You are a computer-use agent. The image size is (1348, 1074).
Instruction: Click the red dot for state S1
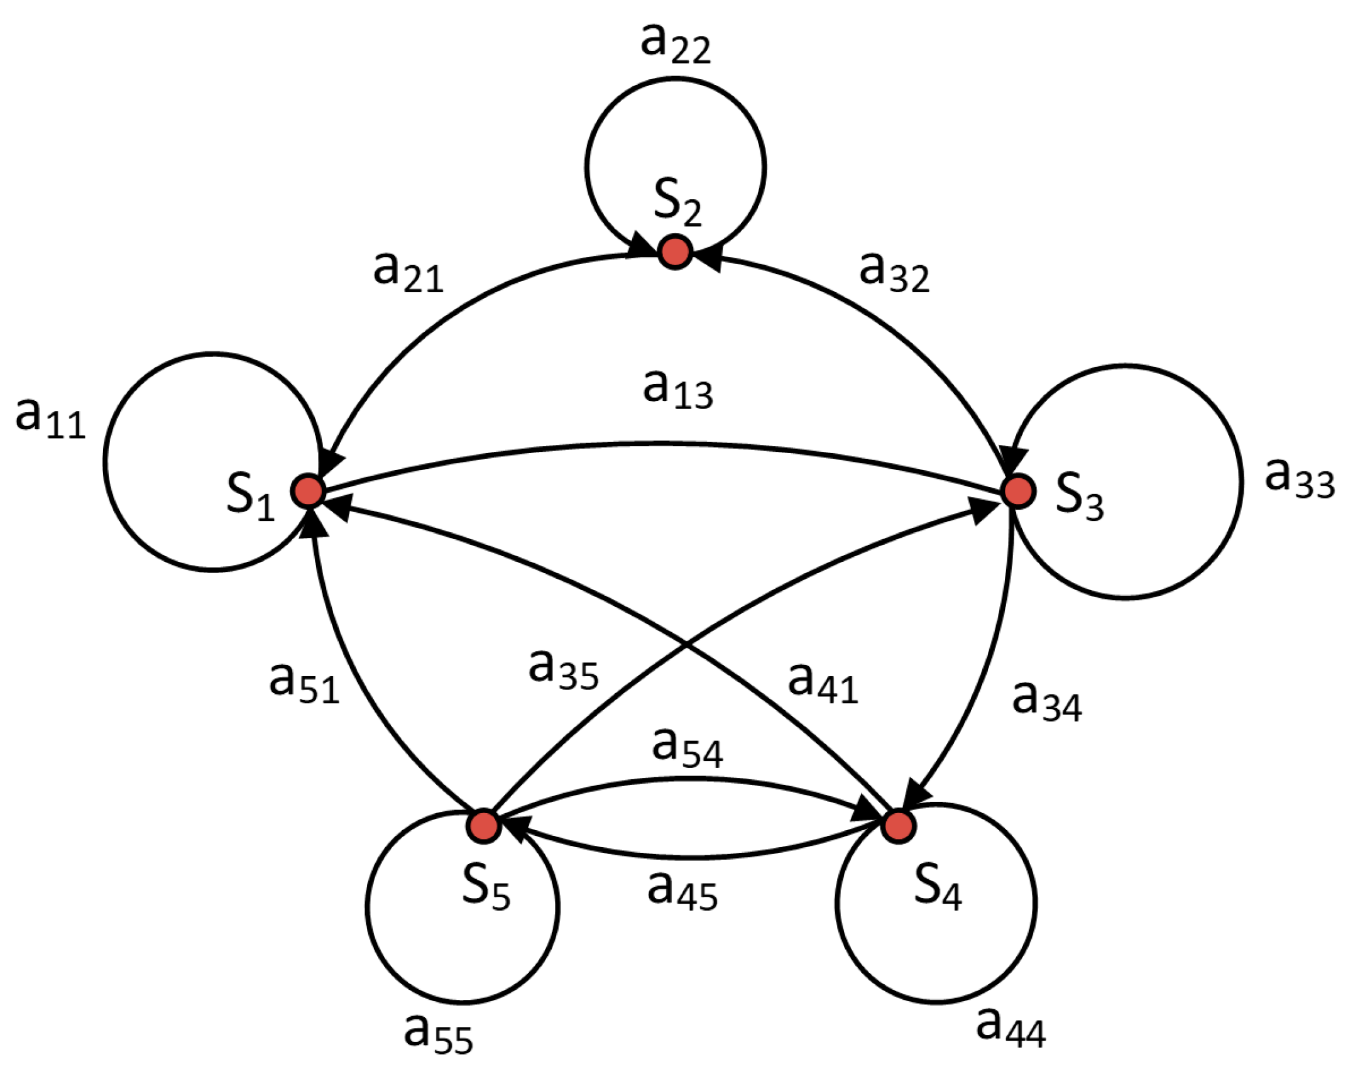[x=308, y=491]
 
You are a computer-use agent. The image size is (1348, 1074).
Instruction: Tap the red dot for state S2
[x=675, y=252]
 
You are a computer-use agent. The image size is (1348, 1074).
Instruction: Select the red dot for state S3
[x=1017, y=490]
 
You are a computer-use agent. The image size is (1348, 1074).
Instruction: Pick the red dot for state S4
[x=898, y=826]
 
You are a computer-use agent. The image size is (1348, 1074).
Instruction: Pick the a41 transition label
[x=823, y=684]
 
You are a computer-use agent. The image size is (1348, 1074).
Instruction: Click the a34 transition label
[x=1047, y=703]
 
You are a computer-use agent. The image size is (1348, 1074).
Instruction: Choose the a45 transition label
[x=682, y=892]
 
